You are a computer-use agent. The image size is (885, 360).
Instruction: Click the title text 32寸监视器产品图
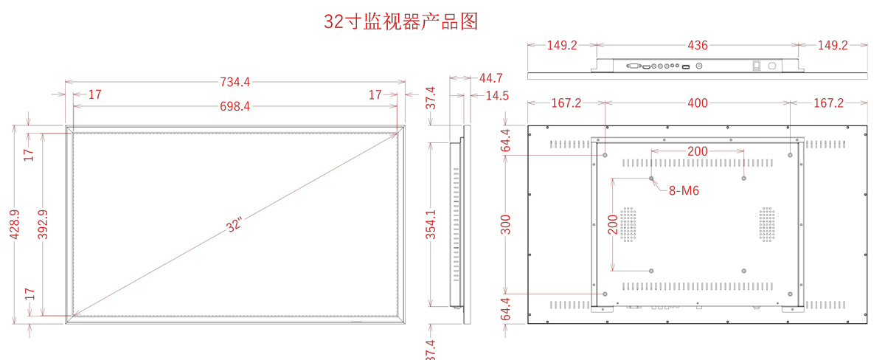[x=401, y=21]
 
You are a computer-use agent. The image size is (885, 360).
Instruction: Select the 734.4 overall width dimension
[x=235, y=82]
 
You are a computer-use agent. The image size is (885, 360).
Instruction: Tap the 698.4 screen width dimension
[x=235, y=106]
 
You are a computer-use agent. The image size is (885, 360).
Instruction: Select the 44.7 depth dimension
[x=490, y=77]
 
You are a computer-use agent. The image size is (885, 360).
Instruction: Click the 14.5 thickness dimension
[x=497, y=95]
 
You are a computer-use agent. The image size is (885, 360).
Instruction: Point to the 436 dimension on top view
[x=698, y=46]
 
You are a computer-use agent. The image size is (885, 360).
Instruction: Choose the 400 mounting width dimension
[x=698, y=103]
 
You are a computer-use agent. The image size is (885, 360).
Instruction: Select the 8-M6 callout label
[x=684, y=190]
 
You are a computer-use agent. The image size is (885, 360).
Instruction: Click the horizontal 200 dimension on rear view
[x=698, y=151]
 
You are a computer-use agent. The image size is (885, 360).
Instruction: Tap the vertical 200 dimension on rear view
[x=613, y=224]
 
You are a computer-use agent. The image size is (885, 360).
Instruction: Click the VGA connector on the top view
[x=633, y=67]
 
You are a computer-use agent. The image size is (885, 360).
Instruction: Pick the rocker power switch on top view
[x=756, y=66]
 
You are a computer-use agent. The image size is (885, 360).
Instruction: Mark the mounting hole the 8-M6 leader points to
[x=651, y=178]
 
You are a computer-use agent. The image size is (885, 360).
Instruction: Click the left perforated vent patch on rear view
[x=628, y=224]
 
